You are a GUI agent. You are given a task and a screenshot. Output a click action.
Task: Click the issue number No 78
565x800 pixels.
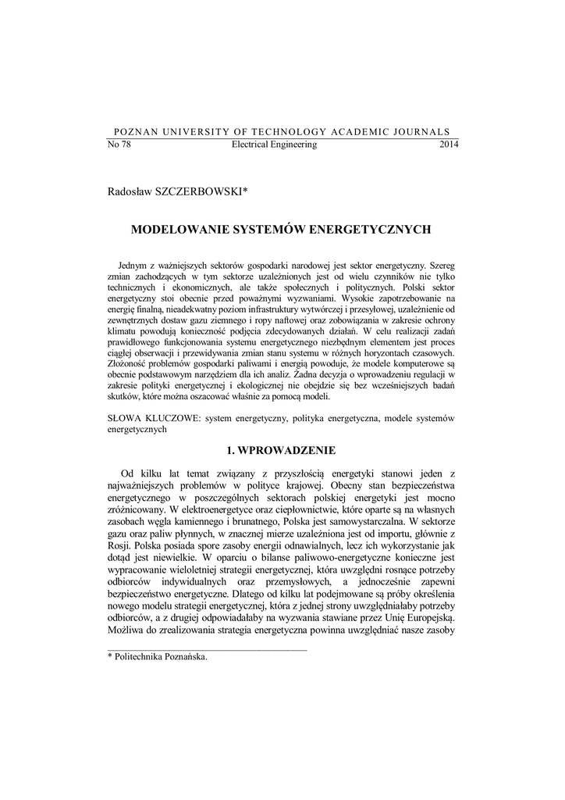(119, 145)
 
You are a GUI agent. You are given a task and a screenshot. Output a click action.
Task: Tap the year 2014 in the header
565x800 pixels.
(450, 145)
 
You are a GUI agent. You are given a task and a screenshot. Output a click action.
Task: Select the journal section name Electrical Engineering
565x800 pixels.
(274, 145)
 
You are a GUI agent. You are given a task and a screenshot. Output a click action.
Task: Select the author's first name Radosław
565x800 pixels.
(130, 191)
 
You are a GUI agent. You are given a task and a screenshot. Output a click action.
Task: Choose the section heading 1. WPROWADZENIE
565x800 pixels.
(282, 451)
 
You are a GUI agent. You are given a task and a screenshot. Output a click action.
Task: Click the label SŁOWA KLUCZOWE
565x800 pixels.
(152, 419)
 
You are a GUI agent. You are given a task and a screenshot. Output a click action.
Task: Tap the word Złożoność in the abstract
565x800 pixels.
(130, 364)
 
